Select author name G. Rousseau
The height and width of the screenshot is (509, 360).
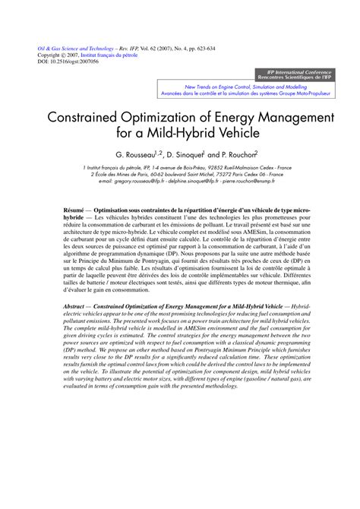[x=134, y=153]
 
